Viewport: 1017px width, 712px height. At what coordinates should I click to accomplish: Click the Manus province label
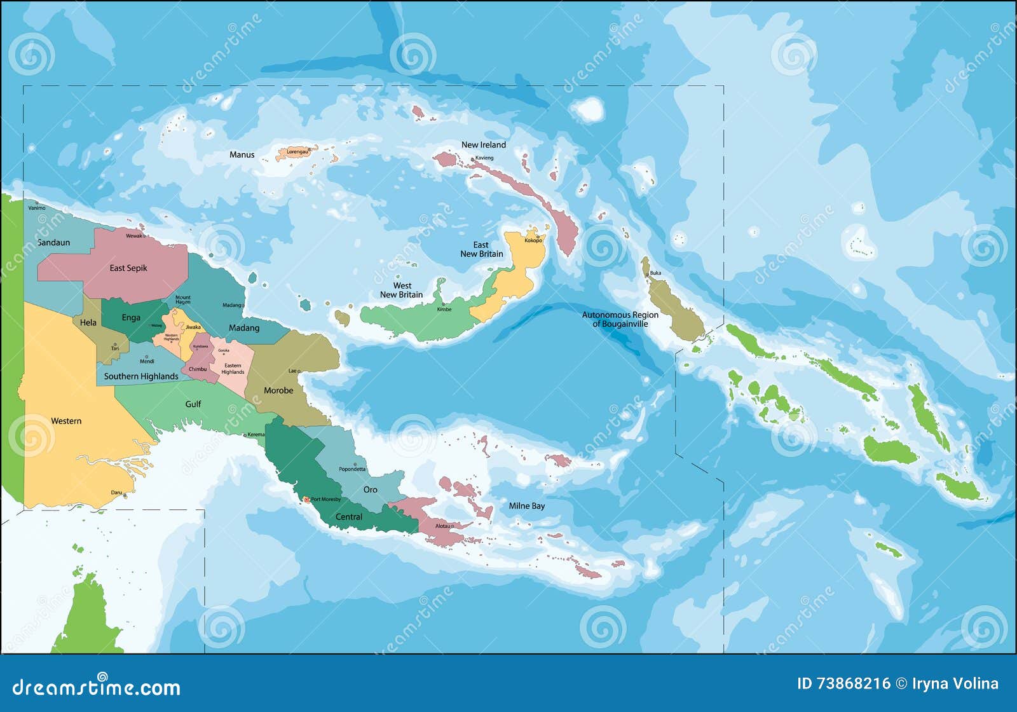(242, 154)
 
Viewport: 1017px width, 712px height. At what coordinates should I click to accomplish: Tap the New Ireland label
(483, 145)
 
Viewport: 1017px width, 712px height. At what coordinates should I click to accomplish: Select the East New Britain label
(481, 249)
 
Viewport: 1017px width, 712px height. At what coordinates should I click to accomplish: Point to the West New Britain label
(401, 290)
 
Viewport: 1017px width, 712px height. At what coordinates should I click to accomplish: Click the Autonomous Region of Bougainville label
(620, 319)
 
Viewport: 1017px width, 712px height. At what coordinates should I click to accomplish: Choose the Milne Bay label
(526, 506)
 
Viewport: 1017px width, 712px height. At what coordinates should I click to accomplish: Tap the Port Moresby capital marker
(306, 500)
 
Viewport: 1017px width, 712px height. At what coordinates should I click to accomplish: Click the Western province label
(66, 421)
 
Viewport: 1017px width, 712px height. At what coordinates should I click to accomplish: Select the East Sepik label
(128, 268)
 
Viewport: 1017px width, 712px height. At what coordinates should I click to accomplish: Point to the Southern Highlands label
(141, 376)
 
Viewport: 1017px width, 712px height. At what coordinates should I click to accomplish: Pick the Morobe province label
(278, 390)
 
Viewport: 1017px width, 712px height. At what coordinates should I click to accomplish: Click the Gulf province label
(193, 404)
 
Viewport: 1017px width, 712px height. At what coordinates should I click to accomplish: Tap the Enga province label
(131, 318)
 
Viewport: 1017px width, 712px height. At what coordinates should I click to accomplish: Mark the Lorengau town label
(297, 152)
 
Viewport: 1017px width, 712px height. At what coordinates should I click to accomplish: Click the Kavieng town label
(484, 158)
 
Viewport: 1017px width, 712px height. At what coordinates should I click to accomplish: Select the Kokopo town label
(533, 240)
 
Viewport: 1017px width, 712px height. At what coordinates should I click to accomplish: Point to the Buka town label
(655, 273)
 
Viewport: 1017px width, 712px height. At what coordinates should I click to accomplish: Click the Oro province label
(370, 489)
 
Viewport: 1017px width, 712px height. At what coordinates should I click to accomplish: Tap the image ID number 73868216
(853, 683)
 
